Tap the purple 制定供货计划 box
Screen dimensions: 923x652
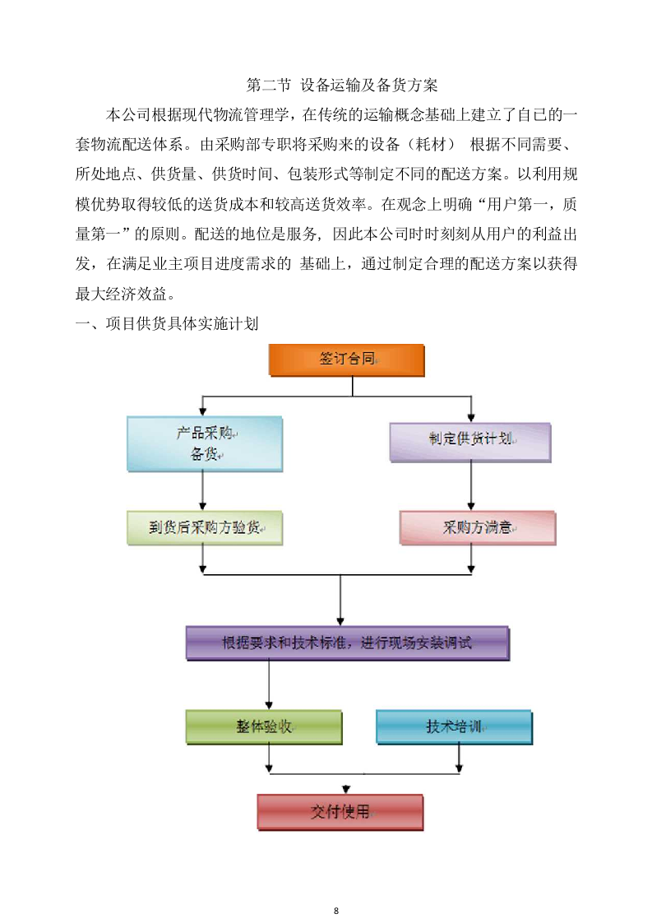[x=469, y=440]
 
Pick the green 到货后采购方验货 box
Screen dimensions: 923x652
[x=204, y=527]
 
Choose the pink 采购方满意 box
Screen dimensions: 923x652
[x=477, y=527]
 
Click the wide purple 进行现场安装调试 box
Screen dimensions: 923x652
[x=347, y=642]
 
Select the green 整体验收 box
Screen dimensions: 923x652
[x=263, y=727]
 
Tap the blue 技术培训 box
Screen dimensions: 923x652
[x=454, y=727]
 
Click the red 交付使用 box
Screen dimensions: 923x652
[x=340, y=811]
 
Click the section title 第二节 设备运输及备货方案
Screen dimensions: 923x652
[x=342, y=85]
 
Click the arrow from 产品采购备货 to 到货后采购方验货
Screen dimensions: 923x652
[x=203, y=490]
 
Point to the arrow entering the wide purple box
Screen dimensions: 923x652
[x=340, y=601]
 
